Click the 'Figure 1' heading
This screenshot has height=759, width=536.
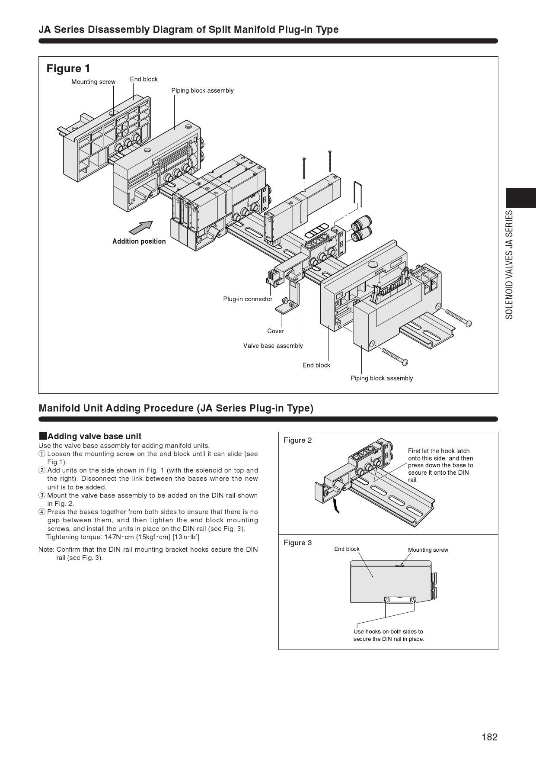coord(68,68)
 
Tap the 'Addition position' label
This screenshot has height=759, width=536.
coord(139,241)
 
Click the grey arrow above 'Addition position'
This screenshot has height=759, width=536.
coord(141,227)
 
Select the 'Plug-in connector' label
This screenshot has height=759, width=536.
coord(248,299)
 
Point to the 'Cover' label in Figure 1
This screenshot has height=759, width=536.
coord(276,331)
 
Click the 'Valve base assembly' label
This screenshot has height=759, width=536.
coord(273,346)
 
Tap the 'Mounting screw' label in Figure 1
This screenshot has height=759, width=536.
coord(93,82)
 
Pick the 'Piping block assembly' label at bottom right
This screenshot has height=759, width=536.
coord(382,378)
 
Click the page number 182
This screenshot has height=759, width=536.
coord(490,737)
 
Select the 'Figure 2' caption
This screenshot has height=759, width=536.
coord(297,440)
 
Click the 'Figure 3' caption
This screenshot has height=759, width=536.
coord(297,543)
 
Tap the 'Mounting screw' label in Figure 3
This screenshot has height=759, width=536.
coord(428,550)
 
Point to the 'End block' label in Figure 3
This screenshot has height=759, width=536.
coord(347,549)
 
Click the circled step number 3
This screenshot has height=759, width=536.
coord(42,495)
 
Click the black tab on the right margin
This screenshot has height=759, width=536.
coord(521,198)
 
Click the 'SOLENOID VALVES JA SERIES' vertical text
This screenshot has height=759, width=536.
coord(510,265)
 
